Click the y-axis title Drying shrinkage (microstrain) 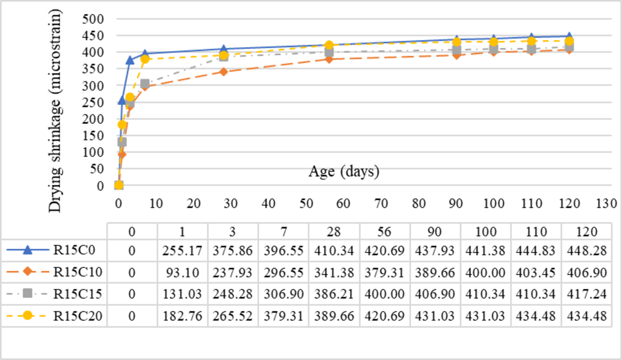[55, 110]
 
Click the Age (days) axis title [343, 172]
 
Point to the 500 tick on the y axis [93, 19]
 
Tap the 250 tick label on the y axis [93, 102]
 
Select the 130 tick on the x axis [606, 203]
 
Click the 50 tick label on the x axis [306, 203]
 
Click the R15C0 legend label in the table [74, 250]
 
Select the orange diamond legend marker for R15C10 [28, 272]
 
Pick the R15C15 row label [78, 294]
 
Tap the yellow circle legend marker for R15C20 [28, 316]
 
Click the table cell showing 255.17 [182, 251]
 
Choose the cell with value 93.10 [182, 273]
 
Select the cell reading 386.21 [334, 294]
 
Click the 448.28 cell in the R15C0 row [587, 251]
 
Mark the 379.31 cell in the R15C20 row [283, 316]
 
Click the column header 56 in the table [384, 232]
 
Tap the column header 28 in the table [334, 232]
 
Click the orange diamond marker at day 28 [224, 72]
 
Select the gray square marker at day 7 [145, 84]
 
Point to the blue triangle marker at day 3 [130, 60]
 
